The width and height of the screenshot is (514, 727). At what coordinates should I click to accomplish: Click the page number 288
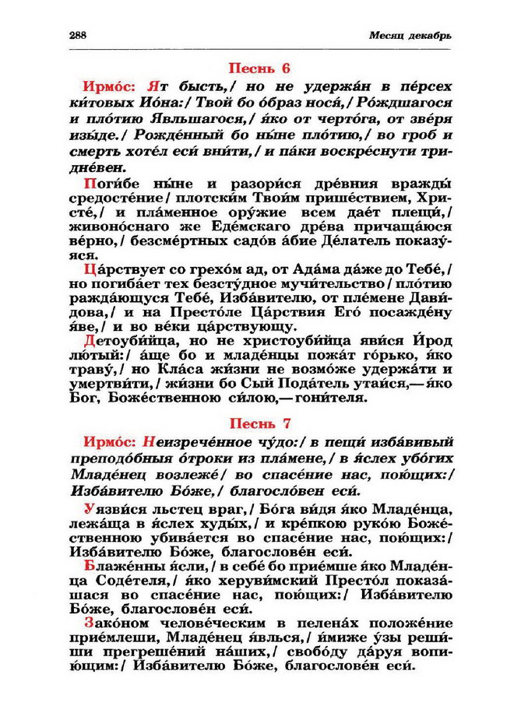click(78, 36)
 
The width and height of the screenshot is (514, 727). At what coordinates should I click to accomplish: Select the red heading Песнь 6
click(257, 68)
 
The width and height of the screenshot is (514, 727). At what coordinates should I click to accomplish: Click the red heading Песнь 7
click(257, 424)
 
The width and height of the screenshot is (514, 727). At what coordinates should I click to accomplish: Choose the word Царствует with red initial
click(116, 269)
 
